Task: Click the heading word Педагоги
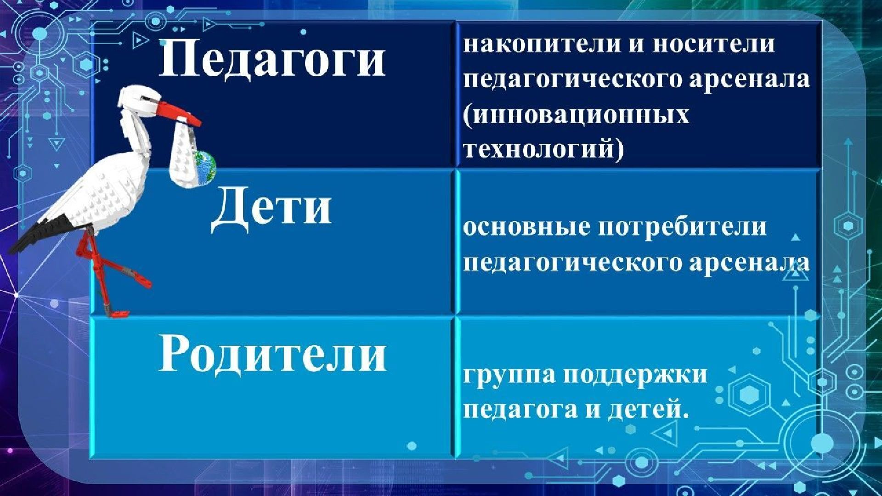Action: click(x=272, y=58)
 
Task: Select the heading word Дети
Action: click(x=271, y=208)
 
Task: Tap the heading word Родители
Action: click(x=272, y=354)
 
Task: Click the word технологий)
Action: click(x=543, y=149)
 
